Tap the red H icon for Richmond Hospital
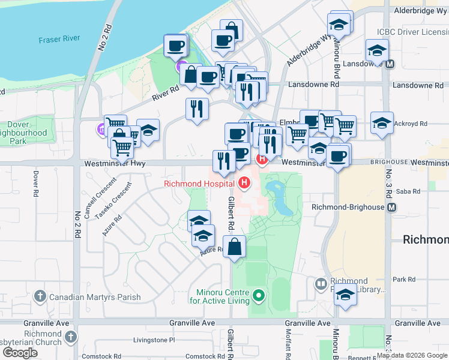244,182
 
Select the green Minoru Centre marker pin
259,295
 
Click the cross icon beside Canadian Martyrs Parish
40,296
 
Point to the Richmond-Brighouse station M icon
392,207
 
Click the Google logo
21,352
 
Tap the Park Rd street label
404,280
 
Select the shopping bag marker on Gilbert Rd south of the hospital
234,246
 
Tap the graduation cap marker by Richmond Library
345,296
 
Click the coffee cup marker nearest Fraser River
176,46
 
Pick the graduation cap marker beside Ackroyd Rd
382,123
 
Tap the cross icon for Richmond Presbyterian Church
71,336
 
